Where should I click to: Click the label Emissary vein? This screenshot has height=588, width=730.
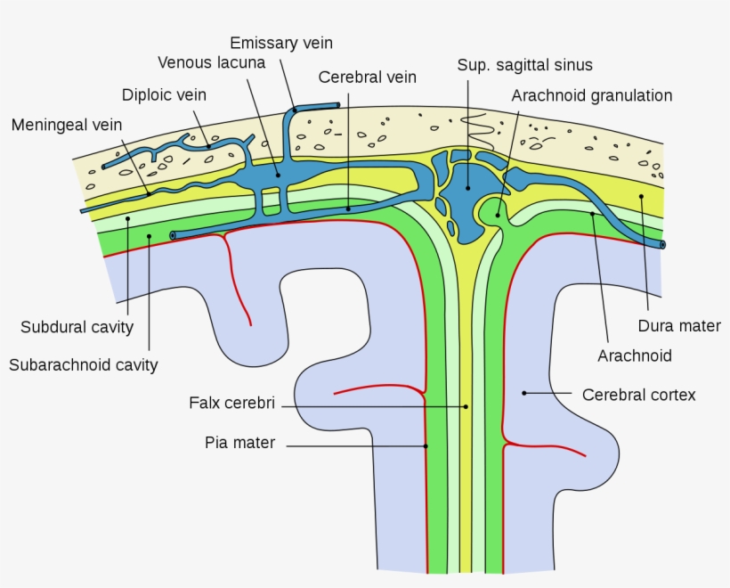281,43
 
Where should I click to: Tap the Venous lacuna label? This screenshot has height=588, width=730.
211,62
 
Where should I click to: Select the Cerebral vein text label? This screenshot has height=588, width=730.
367,78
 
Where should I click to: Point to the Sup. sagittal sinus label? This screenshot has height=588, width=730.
524,65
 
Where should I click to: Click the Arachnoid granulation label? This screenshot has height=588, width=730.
591,95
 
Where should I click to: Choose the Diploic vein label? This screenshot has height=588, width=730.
166,94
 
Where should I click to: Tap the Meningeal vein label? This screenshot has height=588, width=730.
67,125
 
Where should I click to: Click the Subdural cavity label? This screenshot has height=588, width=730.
77,327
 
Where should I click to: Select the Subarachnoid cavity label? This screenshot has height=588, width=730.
83,364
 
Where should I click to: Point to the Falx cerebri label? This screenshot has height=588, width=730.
231,403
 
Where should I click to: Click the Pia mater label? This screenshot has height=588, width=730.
239,443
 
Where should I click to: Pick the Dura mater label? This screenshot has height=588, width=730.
679,326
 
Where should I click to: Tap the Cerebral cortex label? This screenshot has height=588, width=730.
638,394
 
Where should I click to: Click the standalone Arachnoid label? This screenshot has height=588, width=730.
635,356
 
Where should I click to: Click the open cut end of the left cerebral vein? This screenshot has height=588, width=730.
173,235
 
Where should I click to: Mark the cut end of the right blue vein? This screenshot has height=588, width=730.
661,244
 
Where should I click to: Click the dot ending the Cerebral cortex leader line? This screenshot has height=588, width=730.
524,392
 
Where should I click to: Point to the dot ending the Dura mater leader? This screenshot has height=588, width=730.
639,196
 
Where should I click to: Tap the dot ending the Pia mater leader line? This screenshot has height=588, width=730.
426,445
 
